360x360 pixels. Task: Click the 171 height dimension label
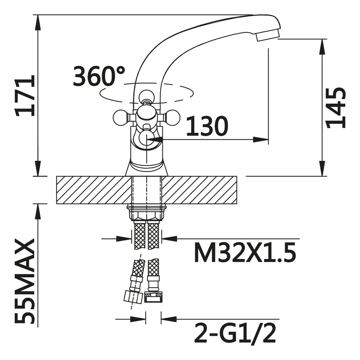[25, 95]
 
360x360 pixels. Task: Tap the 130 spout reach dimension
[207, 126]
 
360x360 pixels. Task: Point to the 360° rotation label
[99, 76]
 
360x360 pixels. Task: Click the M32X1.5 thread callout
[245, 253]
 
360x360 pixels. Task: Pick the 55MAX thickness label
[25, 281]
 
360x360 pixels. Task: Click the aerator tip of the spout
[268, 36]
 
